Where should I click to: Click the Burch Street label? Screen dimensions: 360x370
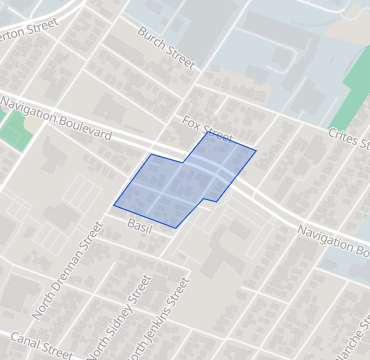pos(167,48)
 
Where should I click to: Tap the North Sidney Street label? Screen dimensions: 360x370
pos(119,315)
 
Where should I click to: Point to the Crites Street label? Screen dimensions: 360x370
pos(349,139)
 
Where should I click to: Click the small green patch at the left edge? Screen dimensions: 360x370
pos(12,131)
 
